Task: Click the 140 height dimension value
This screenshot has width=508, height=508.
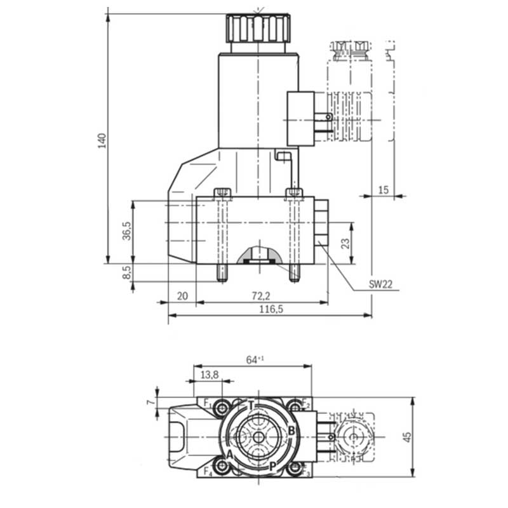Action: click(x=102, y=141)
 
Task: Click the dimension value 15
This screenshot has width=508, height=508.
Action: click(x=382, y=190)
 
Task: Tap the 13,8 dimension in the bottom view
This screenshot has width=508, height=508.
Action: click(x=209, y=375)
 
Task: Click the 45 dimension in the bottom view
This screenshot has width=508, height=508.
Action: click(x=407, y=437)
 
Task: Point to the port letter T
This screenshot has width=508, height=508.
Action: click(x=251, y=406)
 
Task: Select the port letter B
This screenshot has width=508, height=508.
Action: click(x=291, y=431)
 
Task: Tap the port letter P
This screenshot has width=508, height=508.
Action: click(x=272, y=465)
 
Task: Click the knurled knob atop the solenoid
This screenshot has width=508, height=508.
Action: click(x=258, y=27)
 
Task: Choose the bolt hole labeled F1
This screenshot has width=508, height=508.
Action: click(x=222, y=406)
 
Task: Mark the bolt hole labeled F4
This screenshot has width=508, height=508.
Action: click(x=222, y=468)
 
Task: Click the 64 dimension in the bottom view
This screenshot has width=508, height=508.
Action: click(x=252, y=360)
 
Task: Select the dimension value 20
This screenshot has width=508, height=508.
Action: click(x=183, y=296)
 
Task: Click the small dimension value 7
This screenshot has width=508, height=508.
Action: click(x=150, y=403)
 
